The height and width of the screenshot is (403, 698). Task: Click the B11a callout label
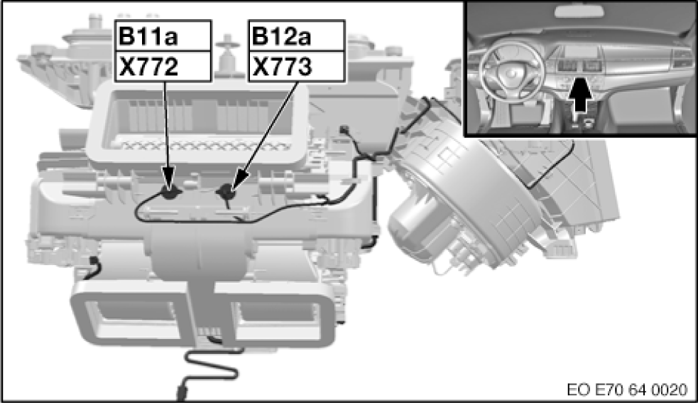pos(148,36)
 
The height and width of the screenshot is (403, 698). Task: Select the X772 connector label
pos(148,66)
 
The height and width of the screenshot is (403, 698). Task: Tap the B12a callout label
pos(281,36)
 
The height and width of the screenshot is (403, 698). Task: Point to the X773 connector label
pos(282,66)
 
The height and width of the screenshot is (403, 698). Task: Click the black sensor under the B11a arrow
pos(170,193)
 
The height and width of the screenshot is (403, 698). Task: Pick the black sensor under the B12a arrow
pos(226,193)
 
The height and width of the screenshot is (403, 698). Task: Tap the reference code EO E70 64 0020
pos(627,389)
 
